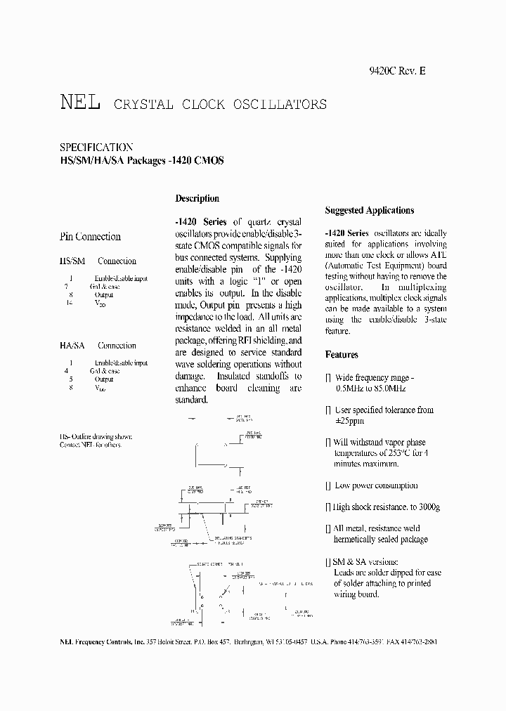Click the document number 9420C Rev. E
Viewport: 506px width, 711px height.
pyautogui.click(x=397, y=70)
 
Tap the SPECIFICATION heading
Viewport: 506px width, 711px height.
pyautogui.click(x=96, y=148)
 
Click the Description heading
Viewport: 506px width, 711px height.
pyautogui.click(x=197, y=199)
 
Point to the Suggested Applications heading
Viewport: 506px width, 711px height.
pyautogui.click(x=370, y=210)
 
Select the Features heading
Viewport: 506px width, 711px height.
pyautogui.click(x=342, y=355)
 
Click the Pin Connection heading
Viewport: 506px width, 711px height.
pyautogui.click(x=90, y=237)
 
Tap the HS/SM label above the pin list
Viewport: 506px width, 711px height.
pyautogui.click(x=72, y=261)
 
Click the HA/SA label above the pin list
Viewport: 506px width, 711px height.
pyautogui.click(x=72, y=346)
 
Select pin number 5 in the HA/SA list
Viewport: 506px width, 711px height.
pyautogui.click(x=70, y=379)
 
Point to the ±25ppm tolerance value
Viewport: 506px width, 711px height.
pyautogui.click(x=349, y=421)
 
